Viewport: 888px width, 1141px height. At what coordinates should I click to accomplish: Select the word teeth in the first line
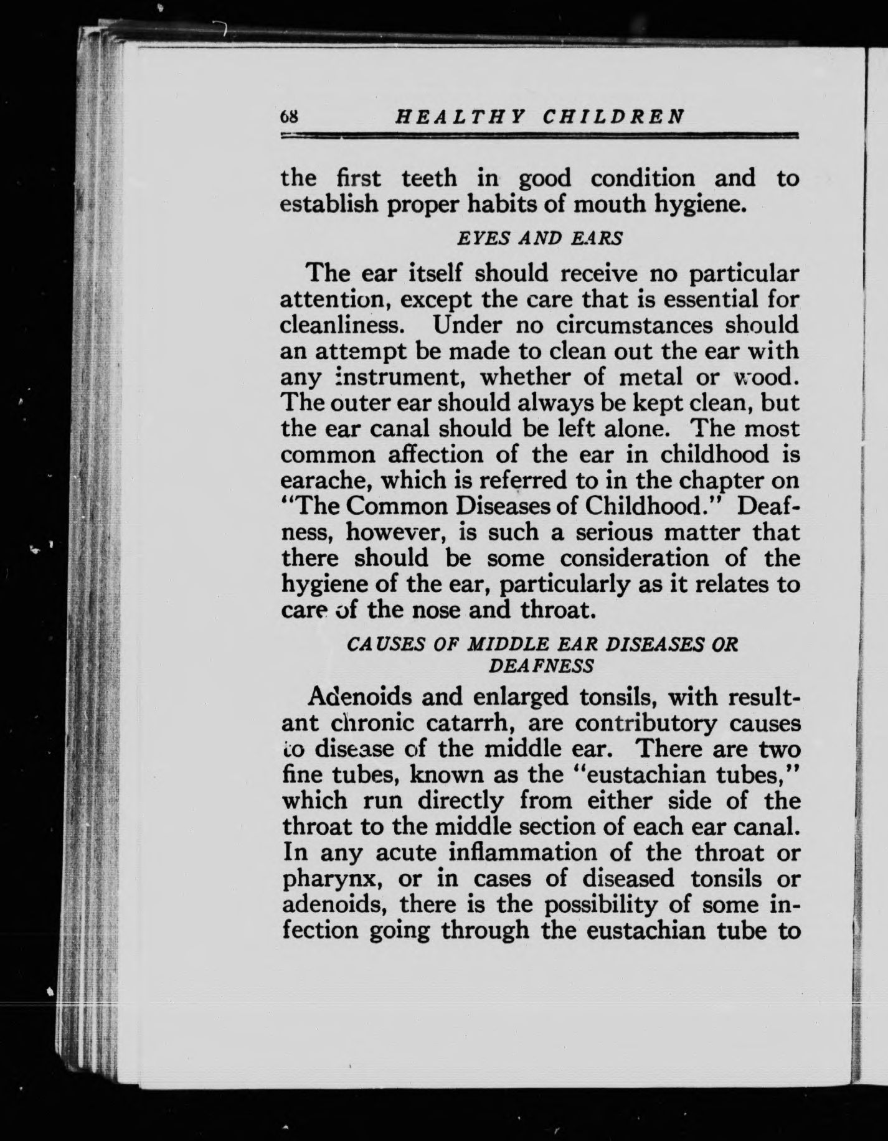[429, 179]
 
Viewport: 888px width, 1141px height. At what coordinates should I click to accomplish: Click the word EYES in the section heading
[478, 238]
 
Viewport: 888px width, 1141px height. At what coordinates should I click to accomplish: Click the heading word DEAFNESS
[541, 665]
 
